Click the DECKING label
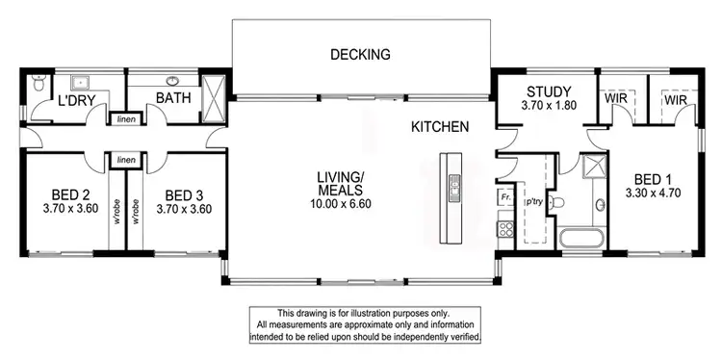pos(360,55)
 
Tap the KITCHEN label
pos(440,126)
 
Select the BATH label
pos(174,97)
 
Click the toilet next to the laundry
pos(38,84)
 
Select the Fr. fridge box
pos(504,196)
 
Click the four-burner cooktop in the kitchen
pos(504,229)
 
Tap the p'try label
pos(529,202)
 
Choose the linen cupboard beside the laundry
pos(125,119)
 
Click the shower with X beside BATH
pos(216,95)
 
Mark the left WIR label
pos(615,98)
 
